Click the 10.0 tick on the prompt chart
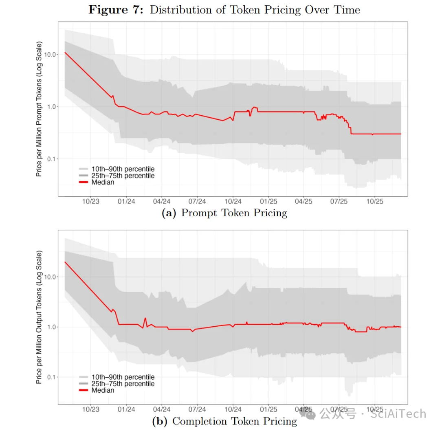click(x=51, y=55)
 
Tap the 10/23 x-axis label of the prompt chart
click(x=91, y=201)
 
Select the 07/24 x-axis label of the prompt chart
click(x=197, y=201)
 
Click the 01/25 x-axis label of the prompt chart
click(x=268, y=201)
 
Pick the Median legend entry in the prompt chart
click(x=103, y=183)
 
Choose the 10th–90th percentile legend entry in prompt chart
click(x=123, y=169)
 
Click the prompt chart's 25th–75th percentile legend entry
click(x=123, y=176)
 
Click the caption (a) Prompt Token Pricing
click(x=224, y=213)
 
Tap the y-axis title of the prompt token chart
click(x=39, y=108)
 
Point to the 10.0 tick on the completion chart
click(x=51, y=277)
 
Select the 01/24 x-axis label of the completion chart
click(x=126, y=409)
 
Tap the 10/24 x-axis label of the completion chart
click(x=233, y=409)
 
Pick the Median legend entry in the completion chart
click(x=103, y=390)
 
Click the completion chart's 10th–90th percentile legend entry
click(x=123, y=377)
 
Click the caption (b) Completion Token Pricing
click(x=224, y=421)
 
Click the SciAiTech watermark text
click(x=398, y=414)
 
